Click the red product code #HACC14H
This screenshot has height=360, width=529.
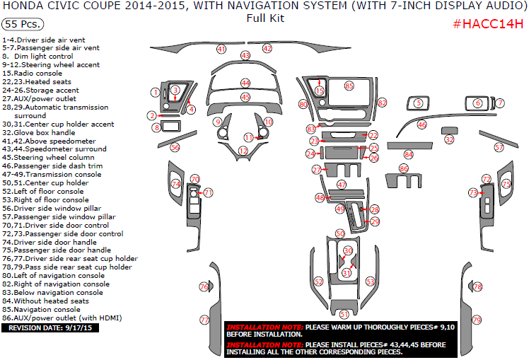tap(488, 24)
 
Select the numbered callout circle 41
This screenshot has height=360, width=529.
tap(221, 50)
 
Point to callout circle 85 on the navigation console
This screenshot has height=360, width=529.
tap(349, 86)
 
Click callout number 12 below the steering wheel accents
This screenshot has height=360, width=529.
tap(243, 151)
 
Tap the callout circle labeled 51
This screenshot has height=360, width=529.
tap(344, 314)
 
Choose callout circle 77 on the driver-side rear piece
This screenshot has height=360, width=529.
tap(204, 320)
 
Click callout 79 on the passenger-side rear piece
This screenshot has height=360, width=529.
tap(476, 320)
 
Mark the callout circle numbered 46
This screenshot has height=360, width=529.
tap(422, 124)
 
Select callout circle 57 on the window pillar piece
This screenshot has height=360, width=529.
tap(499, 148)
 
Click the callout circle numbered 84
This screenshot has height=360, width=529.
tap(409, 154)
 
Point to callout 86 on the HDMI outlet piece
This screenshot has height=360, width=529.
tap(404, 169)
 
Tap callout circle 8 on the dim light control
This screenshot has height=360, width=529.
tap(156, 127)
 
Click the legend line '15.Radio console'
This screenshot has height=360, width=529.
tap(33, 73)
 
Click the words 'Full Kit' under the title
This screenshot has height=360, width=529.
tap(266, 18)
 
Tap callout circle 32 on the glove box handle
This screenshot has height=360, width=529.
tap(450, 140)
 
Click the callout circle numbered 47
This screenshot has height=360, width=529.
tap(342, 185)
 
